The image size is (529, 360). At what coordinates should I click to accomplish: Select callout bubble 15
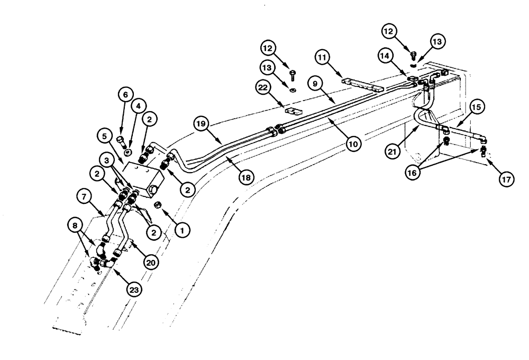[476, 108]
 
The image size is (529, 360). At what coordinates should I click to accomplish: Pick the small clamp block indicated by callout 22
[293, 112]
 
